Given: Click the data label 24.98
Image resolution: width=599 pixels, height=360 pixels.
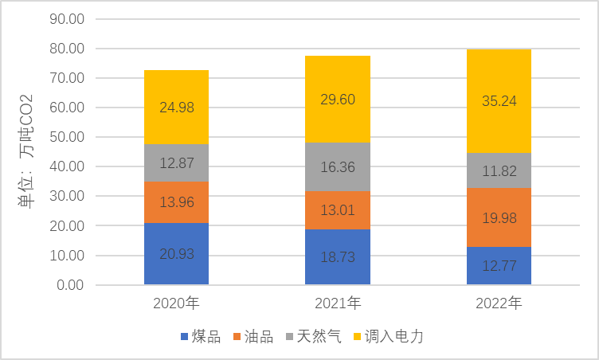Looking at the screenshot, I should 176,107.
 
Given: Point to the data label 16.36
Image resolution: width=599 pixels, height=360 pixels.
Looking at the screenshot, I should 338,168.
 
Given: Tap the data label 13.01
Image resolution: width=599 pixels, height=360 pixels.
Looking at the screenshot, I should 338,211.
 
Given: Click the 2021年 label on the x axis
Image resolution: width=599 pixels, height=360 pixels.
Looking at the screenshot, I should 338,303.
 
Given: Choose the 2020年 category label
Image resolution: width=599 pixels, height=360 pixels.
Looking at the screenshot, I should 176,303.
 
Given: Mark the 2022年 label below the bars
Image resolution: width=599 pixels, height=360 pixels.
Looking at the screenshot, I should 499,303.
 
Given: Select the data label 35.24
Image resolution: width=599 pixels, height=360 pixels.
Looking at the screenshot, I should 499,100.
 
